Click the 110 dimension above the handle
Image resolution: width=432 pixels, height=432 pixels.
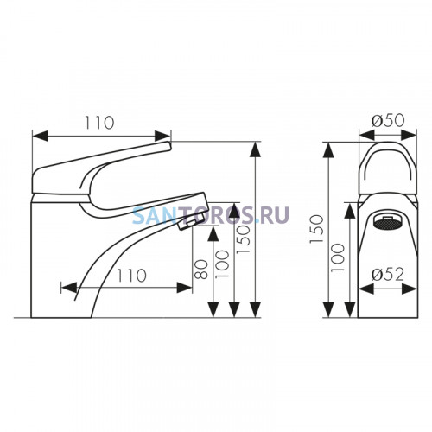[x=99, y=123]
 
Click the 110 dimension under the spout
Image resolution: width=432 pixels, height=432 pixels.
[x=132, y=276]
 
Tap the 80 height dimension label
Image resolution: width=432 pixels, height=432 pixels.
[x=201, y=270]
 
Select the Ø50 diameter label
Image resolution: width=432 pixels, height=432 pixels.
[x=388, y=120]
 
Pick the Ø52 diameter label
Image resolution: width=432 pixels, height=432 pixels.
[x=388, y=275]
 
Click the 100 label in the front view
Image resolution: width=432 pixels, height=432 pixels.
[x=338, y=257]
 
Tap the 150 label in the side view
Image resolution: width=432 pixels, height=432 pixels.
[x=243, y=239]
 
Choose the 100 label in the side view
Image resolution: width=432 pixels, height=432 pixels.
[x=222, y=264]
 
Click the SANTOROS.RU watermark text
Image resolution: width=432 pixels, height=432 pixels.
[x=211, y=215]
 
